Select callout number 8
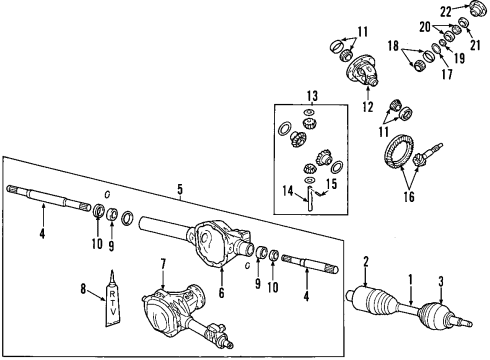point(85,291)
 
